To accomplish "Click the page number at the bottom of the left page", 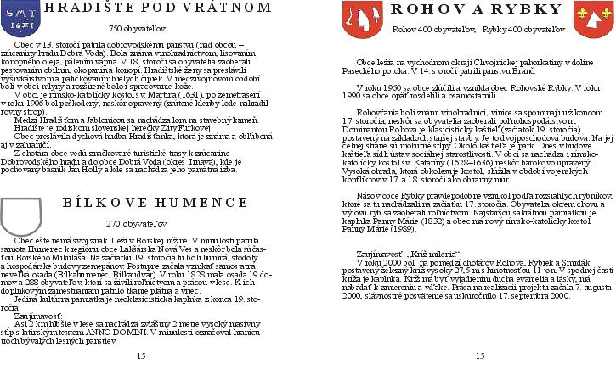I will click(x=141, y=356).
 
